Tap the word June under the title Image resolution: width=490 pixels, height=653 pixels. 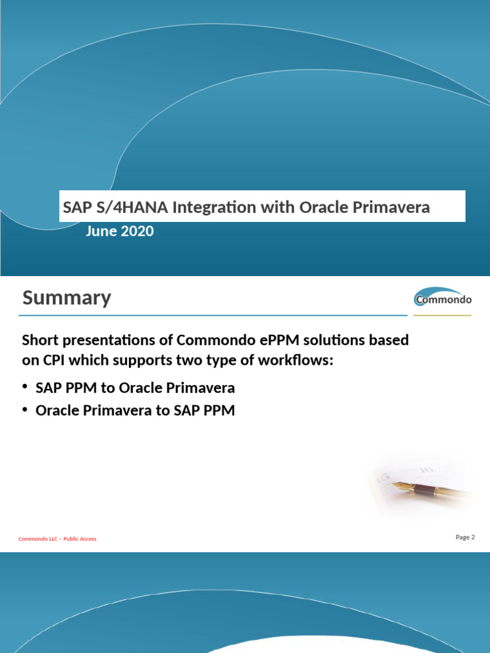coord(101,231)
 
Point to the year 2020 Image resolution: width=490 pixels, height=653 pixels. coord(137,231)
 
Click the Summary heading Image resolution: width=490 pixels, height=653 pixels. coord(66,298)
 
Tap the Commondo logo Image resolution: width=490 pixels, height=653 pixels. coord(443,298)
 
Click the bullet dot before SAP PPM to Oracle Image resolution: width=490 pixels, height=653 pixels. coord(25,387)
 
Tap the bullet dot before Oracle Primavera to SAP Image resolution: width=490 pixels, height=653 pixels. coord(25,410)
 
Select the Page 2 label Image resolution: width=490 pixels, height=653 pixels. coord(465,537)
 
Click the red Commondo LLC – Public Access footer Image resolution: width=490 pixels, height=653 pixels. coord(57,539)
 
